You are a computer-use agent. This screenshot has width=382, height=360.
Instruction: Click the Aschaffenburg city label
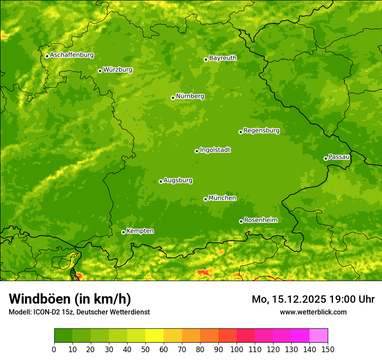click(72, 55)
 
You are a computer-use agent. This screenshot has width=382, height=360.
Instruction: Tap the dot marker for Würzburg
click(100, 71)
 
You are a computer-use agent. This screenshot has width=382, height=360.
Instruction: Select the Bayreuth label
click(223, 58)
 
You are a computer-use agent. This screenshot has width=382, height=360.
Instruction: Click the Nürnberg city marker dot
click(173, 98)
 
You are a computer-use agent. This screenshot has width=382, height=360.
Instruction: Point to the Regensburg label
click(261, 131)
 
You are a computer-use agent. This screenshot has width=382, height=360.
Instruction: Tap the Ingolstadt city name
click(215, 150)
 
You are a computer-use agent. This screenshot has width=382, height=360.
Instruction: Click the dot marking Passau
click(326, 158)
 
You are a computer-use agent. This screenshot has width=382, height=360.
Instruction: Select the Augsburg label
click(178, 180)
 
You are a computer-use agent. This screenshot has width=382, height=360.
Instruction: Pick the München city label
click(222, 198)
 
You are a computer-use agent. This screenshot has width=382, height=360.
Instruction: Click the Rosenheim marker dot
click(241, 221)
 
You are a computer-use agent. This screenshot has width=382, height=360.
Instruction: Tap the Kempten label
click(140, 231)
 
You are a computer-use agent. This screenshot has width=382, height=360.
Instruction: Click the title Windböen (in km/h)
click(70, 299)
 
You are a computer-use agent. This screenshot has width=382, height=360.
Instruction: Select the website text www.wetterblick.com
click(313, 312)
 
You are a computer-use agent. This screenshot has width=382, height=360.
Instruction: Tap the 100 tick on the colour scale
click(237, 349)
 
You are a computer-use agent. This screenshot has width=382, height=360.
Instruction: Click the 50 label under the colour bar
click(145, 349)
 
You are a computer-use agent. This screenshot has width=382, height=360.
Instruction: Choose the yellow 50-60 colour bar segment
click(155, 335)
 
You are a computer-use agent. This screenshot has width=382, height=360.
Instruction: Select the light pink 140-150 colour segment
click(319, 335)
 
